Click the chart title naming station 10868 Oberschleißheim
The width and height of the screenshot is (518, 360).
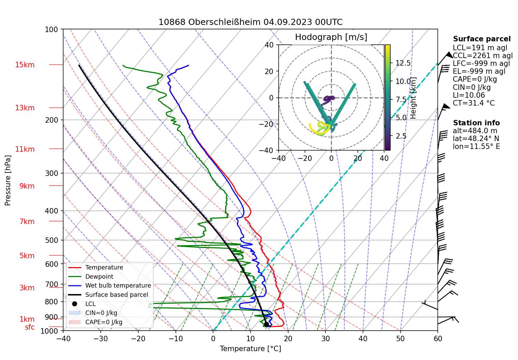point(250,22)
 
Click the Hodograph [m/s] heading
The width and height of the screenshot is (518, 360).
point(331,37)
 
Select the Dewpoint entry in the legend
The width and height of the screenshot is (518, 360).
point(99,277)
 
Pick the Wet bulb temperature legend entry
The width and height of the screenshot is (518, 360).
point(118,286)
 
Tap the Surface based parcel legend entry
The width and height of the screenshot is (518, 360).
point(116,295)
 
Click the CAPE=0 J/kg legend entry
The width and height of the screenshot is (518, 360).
point(103,322)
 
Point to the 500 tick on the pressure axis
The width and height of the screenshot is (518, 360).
point(52,240)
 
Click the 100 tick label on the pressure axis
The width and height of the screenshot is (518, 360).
point(52,29)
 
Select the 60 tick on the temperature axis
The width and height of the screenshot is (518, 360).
point(438,339)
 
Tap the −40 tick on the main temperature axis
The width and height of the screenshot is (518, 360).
point(63,339)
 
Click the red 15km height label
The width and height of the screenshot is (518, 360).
point(25,65)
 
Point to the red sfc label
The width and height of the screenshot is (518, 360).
point(30,327)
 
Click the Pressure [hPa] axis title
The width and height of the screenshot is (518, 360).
point(8,180)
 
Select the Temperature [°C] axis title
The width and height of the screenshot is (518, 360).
point(250,349)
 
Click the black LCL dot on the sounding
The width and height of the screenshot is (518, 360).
point(266,324)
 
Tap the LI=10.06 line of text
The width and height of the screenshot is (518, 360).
point(469,95)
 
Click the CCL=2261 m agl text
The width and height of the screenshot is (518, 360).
point(482,56)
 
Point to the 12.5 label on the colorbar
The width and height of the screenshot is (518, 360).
point(403,63)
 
